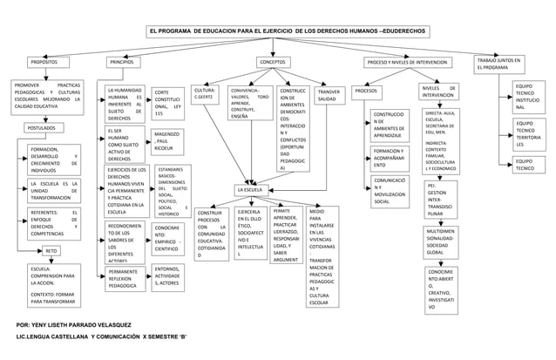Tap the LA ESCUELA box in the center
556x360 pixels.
coord(254,189)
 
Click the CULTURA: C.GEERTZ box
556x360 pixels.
coord(206,93)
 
